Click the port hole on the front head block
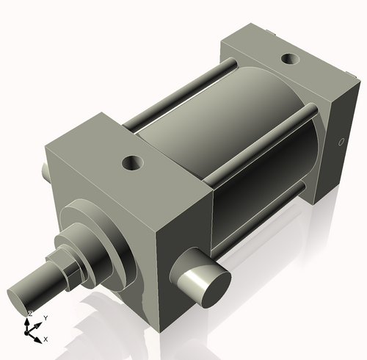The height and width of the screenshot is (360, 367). pos(134,160)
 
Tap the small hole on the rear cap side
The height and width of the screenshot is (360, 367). pos(339,142)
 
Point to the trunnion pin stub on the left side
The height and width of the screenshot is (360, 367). pos(46,170)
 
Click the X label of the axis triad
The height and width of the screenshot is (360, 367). pos(46,339)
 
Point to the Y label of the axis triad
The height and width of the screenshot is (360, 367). pos(46,317)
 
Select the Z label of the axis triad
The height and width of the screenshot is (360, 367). pos(29,313)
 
